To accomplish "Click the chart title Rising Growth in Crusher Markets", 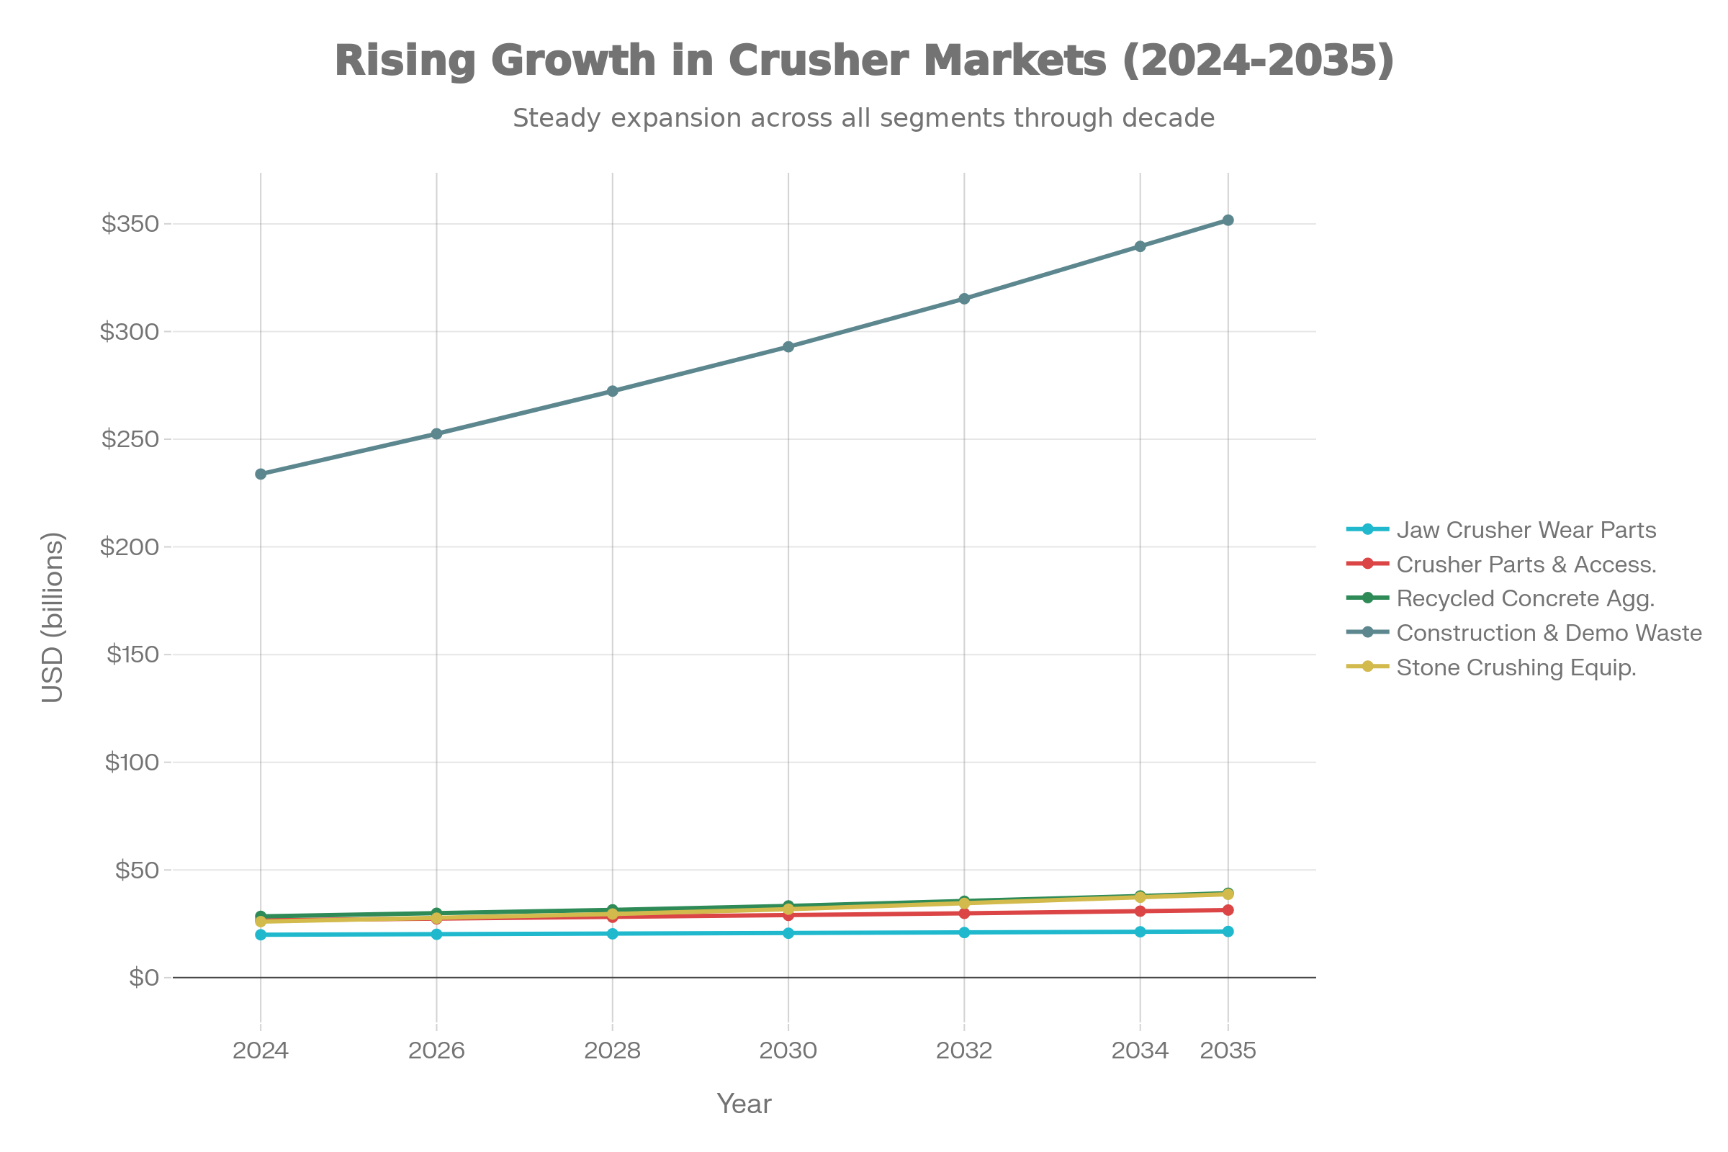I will (864, 60).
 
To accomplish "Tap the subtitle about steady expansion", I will (864, 118).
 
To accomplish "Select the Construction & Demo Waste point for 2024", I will (261, 474).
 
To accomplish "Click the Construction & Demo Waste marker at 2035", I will (1228, 220).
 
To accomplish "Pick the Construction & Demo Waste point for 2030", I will (788, 347).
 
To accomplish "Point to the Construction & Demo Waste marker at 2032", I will (964, 299).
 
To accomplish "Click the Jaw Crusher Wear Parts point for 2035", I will (1228, 932).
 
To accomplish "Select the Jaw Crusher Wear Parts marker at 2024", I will (261, 935).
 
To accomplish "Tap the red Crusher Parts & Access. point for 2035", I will (1228, 910).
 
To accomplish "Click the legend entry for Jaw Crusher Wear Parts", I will (1526, 530).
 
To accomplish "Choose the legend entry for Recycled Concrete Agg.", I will (1525, 598).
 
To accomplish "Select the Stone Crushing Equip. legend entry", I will (1516, 667).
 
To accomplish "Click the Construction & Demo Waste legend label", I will (1549, 633).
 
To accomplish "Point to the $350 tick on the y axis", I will (131, 224).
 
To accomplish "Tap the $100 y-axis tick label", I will (132, 762).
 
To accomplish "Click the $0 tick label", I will (144, 978).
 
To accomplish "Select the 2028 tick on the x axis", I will (612, 1050).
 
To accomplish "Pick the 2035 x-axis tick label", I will (1228, 1050).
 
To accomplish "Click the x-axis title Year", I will (744, 1104).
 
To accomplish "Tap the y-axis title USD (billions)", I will (53, 617).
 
